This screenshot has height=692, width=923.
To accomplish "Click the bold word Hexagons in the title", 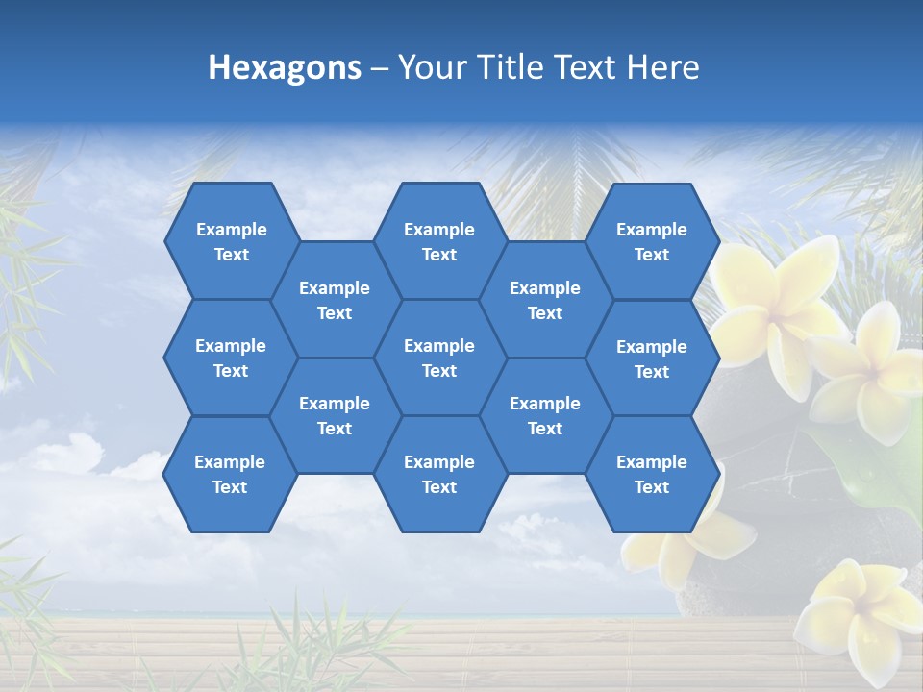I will tap(285, 67).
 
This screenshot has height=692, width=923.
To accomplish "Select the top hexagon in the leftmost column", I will tap(231, 241).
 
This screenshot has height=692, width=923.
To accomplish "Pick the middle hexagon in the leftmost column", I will tap(231, 358).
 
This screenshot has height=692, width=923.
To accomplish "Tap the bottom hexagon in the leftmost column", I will tap(230, 474).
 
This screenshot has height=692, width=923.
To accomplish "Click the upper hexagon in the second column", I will tap(335, 300).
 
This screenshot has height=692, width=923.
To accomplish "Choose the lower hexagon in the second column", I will tap(335, 415).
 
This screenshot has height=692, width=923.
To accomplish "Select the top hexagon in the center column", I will tap(439, 241).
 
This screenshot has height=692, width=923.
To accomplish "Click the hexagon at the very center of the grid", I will tap(439, 358).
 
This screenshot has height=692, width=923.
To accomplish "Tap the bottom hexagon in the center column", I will tap(439, 474).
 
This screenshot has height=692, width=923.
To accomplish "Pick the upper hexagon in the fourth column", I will tap(545, 300).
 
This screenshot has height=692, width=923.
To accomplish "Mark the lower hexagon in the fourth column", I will tap(545, 415).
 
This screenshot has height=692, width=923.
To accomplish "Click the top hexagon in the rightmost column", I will tap(652, 241).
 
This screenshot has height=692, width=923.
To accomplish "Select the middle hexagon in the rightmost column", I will tap(652, 358).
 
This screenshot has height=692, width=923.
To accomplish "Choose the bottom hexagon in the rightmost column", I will tap(652, 474).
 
